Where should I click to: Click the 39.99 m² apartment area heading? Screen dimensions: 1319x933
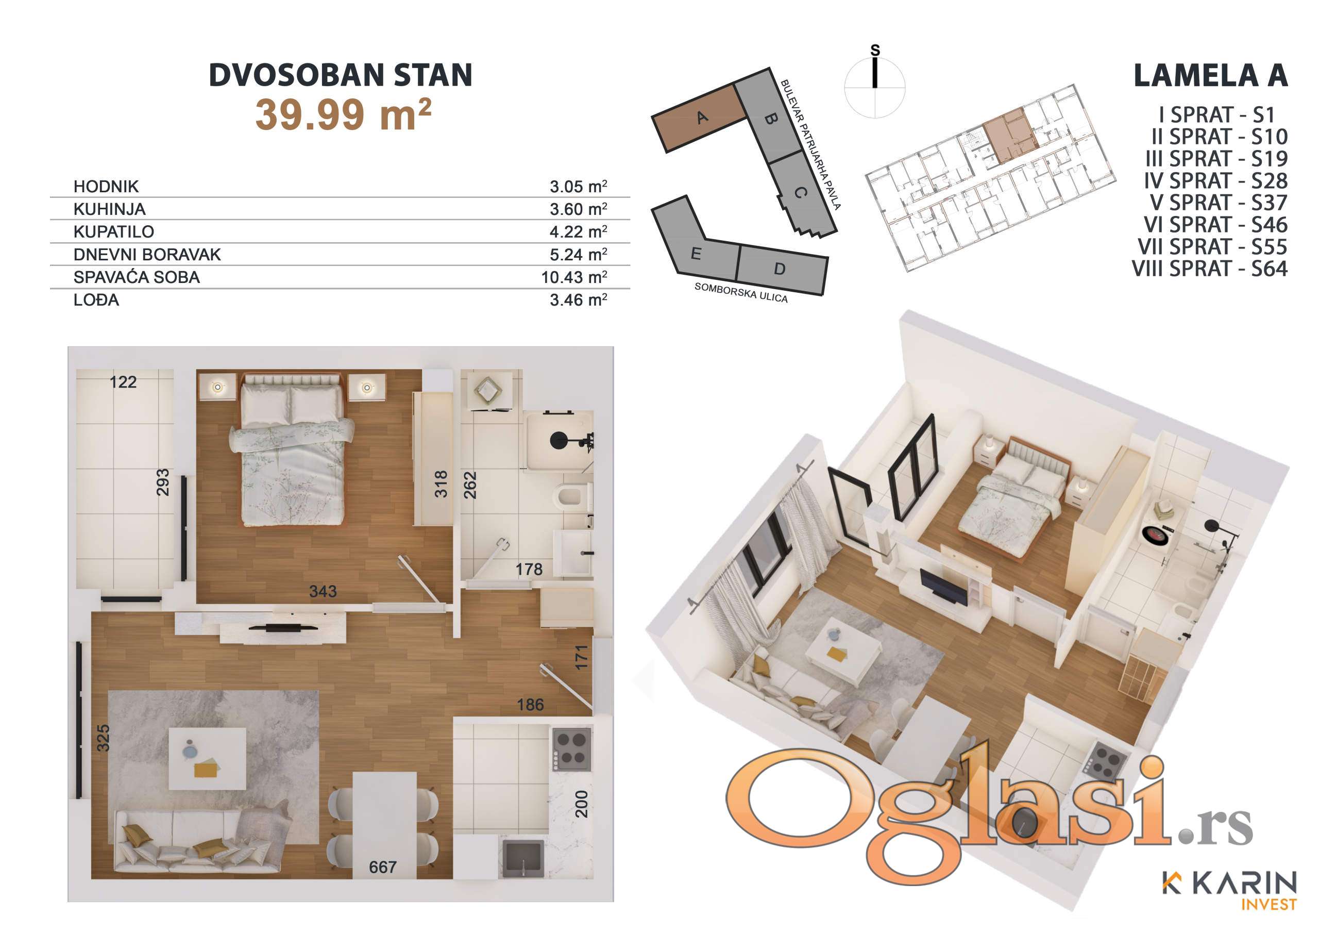(x=344, y=114)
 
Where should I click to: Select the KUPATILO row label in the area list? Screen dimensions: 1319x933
(x=114, y=231)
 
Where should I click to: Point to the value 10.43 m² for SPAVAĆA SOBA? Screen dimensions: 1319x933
(x=574, y=277)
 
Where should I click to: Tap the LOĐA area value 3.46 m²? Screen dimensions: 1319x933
(x=579, y=299)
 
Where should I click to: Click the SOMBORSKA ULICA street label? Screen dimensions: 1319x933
(x=741, y=293)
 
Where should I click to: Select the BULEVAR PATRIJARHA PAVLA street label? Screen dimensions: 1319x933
(x=810, y=144)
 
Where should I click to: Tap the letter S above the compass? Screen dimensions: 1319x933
(x=875, y=50)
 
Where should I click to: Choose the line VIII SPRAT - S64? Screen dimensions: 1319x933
(x=1210, y=269)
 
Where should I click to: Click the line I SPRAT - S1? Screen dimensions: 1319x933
(x=1217, y=115)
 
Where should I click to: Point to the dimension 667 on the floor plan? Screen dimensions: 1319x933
(x=383, y=867)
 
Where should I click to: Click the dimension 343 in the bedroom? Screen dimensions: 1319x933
(x=323, y=591)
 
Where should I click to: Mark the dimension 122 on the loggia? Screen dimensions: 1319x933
(x=123, y=382)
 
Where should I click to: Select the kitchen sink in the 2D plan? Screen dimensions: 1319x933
(x=523, y=859)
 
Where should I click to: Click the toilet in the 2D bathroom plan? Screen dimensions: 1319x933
(x=573, y=495)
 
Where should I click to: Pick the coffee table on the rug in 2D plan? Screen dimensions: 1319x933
(x=208, y=758)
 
